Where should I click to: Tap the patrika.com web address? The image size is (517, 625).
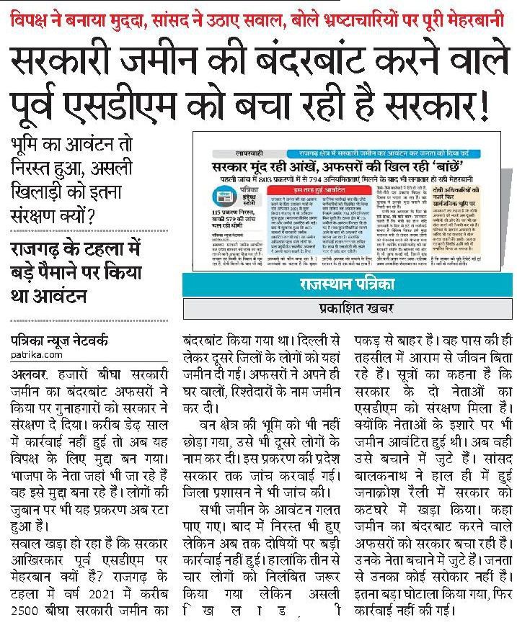[x=37, y=355]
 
